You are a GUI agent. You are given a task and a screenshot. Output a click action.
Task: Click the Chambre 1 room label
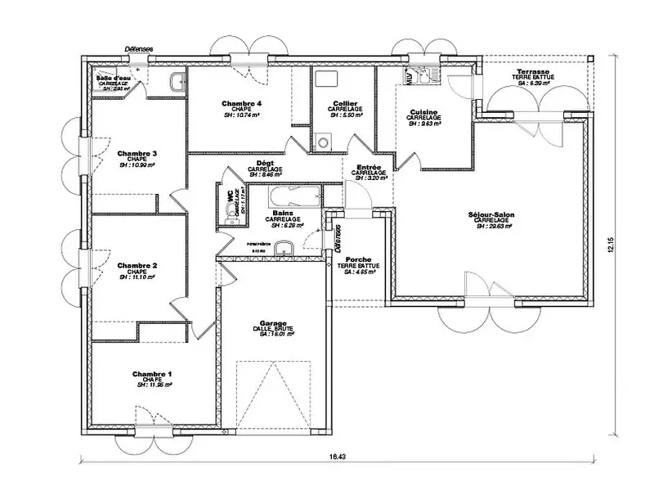[151, 373]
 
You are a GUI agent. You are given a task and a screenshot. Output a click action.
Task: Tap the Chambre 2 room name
[137, 265]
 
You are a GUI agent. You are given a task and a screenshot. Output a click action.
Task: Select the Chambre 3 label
[137, 153]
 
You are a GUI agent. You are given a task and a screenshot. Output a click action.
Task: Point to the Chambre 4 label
[241, 104]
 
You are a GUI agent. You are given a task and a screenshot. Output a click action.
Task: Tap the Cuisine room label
[423, 112]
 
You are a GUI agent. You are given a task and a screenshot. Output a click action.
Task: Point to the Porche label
[356, 259]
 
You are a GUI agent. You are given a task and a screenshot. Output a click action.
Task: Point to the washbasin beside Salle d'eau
[177, 80]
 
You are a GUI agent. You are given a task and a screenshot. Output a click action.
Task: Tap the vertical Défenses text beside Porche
[336, 239]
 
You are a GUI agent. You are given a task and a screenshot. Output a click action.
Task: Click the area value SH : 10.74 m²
[241, 116]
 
